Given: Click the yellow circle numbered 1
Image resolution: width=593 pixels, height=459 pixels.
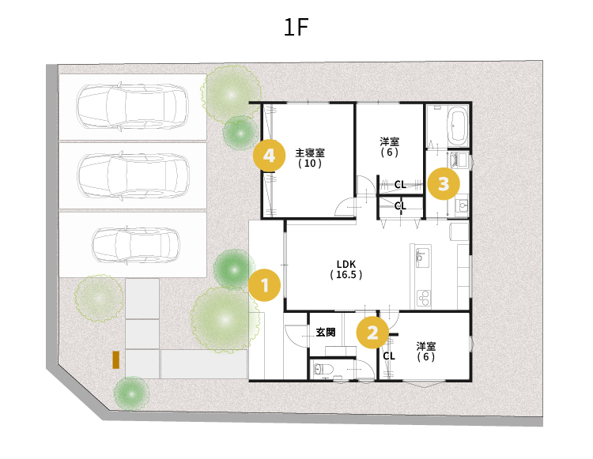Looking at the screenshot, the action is (x=265, y=285).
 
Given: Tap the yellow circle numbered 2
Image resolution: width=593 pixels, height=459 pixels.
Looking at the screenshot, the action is (x=372, y=333).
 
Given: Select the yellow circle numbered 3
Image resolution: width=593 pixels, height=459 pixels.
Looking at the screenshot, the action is (x=444, y=183).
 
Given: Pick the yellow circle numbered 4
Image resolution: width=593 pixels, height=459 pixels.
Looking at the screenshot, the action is (x=269, y=156).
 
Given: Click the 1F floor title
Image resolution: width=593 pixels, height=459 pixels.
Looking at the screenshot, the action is (x=296, y=27).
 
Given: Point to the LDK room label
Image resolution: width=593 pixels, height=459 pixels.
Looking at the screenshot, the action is (x=346, y=264).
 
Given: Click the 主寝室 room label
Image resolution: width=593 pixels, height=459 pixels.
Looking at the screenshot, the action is (x=310, y=152).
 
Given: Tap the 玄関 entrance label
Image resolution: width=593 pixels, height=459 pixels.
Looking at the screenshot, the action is (x=326, y=333).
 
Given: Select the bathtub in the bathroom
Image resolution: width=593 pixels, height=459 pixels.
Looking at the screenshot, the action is (x=457, y=126).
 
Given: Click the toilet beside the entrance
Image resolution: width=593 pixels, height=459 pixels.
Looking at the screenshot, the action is (x=320, y=369).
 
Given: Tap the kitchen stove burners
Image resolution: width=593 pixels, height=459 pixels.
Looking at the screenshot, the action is (x=424, y=298).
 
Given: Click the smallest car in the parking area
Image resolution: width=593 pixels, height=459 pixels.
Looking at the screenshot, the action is (x=136, y=245).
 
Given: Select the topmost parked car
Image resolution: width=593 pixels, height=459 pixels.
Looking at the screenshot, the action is (x=132, y=107).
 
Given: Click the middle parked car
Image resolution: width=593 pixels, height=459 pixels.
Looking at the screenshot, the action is (x=134, y=175).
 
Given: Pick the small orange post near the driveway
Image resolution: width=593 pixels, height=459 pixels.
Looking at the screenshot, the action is (x=115, y=359).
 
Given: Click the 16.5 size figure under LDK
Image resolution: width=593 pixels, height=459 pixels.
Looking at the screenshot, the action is (x=346, y=275).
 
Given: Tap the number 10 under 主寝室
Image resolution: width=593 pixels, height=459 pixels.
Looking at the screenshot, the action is (x=310, y=164).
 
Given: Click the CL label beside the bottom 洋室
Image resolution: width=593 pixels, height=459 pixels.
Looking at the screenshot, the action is (x=389, y=356).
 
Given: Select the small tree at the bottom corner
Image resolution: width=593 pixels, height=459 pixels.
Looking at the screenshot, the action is (x=131, y=393).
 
